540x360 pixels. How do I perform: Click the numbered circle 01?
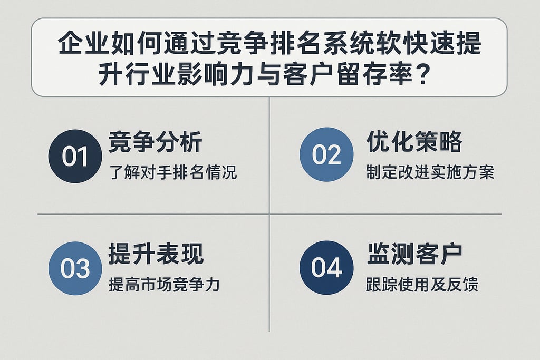pos(74,157)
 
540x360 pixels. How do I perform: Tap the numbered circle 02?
pos(326,155)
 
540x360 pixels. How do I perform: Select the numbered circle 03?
pos(75,268)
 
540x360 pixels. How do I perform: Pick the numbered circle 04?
pos(326,267)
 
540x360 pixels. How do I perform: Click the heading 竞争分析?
pos(156,142)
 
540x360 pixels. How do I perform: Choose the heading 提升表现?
pos(156,255)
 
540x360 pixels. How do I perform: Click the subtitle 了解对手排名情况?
pos(172,172)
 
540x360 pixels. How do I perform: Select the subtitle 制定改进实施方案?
pos(430,172)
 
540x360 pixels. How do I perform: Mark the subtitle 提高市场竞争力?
pos(164,285)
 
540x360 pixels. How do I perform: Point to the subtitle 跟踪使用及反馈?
pos(422,285)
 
